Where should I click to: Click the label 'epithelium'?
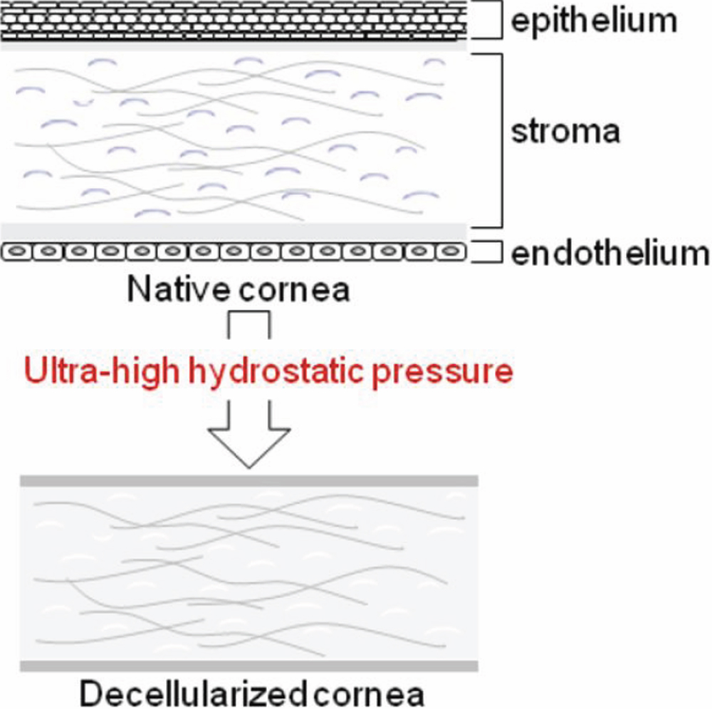pyautogui.click(x=594, y=21)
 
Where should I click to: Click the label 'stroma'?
pyautogui.click(x=565, y=132)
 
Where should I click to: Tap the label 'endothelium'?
pyautogui.click(x=610, y=253)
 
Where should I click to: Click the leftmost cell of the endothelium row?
pyautogui.click(x=16, y=251)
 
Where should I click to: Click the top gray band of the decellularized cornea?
pyautogui.click(x=248, y=480)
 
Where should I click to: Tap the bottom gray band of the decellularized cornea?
pyautogui.click(x=248, y=666)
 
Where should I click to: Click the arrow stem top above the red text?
pyautogui.click(x=248, y=324)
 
